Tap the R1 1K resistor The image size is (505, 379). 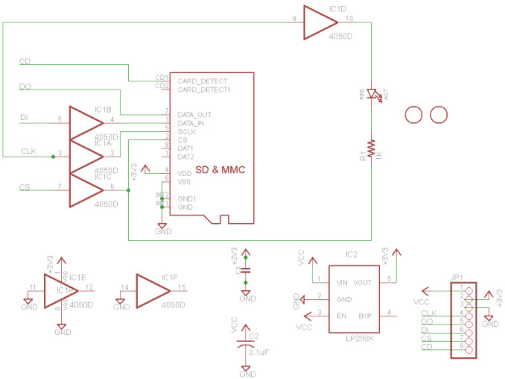coord(369,148)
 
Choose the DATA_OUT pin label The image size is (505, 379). coord(194,114)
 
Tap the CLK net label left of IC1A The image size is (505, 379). coord(28,151)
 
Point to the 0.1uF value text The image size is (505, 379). coord(259,351)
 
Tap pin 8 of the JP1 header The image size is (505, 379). coord(468,346)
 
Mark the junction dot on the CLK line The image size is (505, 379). coord(52,157)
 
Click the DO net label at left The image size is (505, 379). coord(25,87)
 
